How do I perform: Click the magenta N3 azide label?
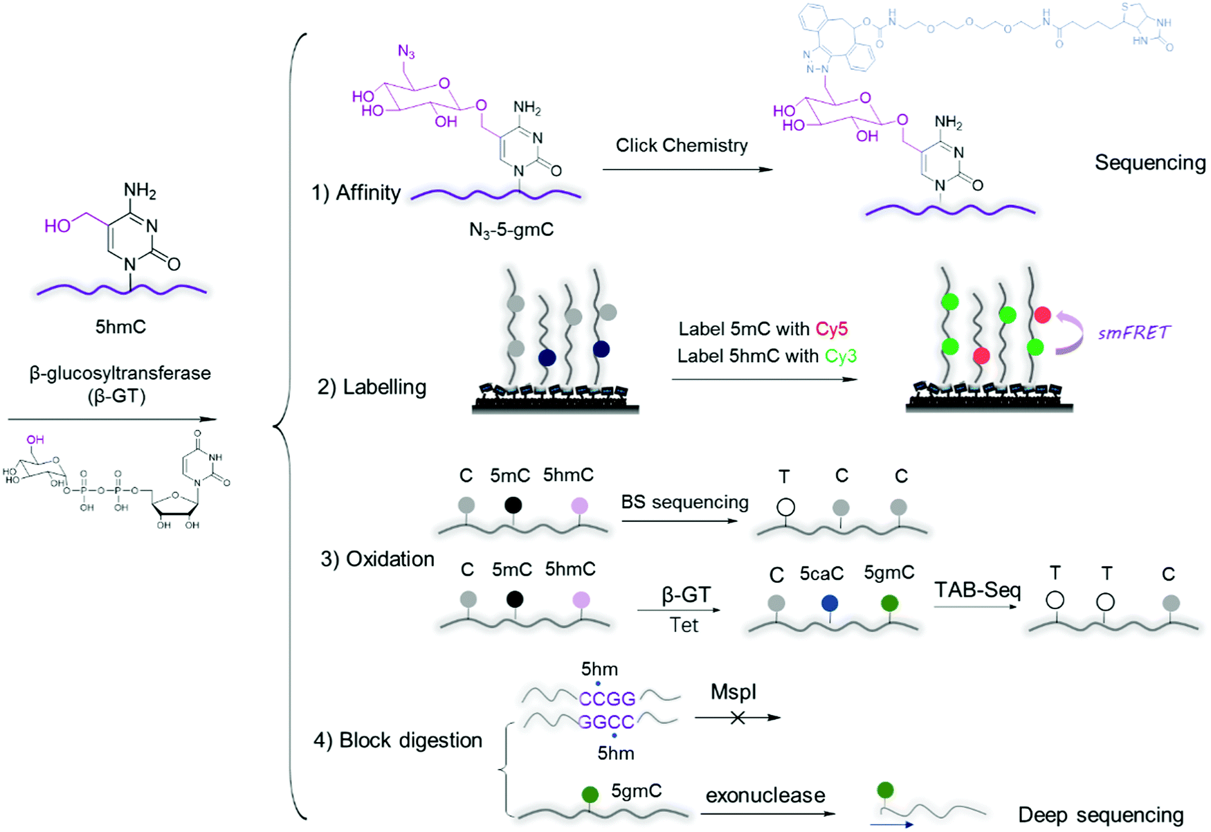click(406, 52)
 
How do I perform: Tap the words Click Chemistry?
click(682, 145)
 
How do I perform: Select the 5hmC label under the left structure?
click(120, 327)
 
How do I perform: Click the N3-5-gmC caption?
click(511, 230)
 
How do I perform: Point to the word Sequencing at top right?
click(1150, 163)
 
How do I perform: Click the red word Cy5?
click(832, 329)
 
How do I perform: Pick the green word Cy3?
click(841, 356)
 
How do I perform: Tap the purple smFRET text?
click(1134, 333)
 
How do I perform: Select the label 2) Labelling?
click(372, 387)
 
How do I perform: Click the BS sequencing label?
click(684, 502)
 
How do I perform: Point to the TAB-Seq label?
click(977, 590)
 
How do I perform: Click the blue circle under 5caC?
click(829, 604)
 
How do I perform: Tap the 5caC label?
click(821, 574)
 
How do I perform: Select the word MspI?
click(734, 691)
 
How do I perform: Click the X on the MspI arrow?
click(738, 718)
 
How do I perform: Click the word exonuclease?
click(765, 795)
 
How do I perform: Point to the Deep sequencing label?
click(1101, 815)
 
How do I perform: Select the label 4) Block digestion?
click(398, 741)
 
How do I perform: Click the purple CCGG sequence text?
click(607, 698)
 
